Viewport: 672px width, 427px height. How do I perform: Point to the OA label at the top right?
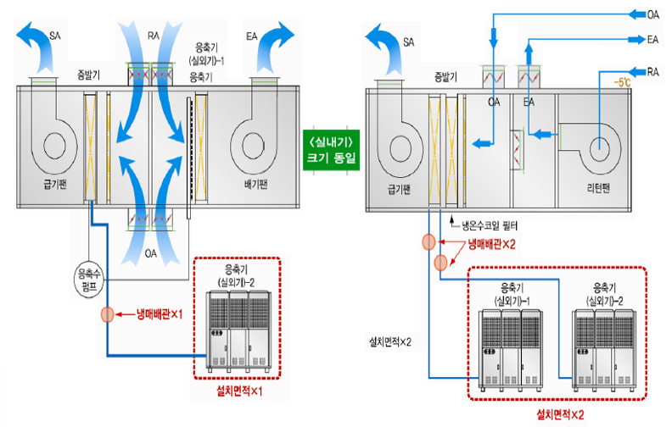[x=653, y=14]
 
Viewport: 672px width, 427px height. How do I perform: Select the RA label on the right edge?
[x=653, y=73]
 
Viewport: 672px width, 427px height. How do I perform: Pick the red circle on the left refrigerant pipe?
[x=107, y=313]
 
